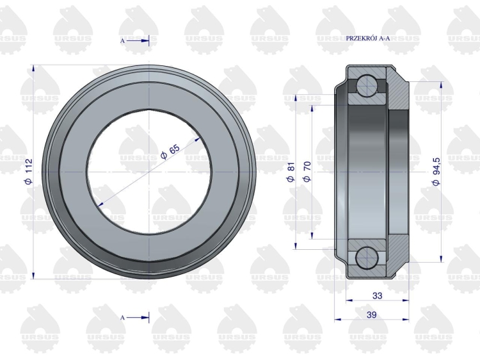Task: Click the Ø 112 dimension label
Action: (28, 172)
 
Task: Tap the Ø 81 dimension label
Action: (291, 172)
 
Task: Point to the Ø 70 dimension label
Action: (307, 171)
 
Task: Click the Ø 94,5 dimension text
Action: (436, 171)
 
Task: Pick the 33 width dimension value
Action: (378, 296)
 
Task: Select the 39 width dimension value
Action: (371, 315)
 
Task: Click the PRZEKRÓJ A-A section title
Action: (368, 38)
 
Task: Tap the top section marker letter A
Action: (122, 41)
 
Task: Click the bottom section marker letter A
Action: (122, 318)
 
